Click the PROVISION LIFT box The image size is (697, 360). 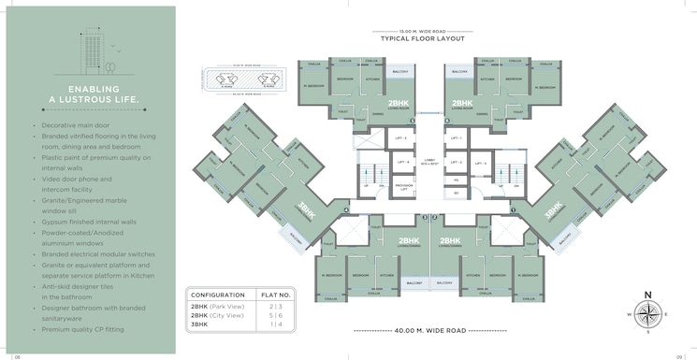point(404,185)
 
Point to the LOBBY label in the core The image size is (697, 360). point(429,161)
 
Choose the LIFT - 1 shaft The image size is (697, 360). point(456,139)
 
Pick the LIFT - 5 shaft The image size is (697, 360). point(456,163)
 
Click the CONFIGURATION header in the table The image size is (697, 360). point(218,295)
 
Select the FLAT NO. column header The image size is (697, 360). point(275,295)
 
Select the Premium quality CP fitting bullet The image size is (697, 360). point(82,329)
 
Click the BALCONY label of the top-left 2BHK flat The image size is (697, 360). point(399,71)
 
